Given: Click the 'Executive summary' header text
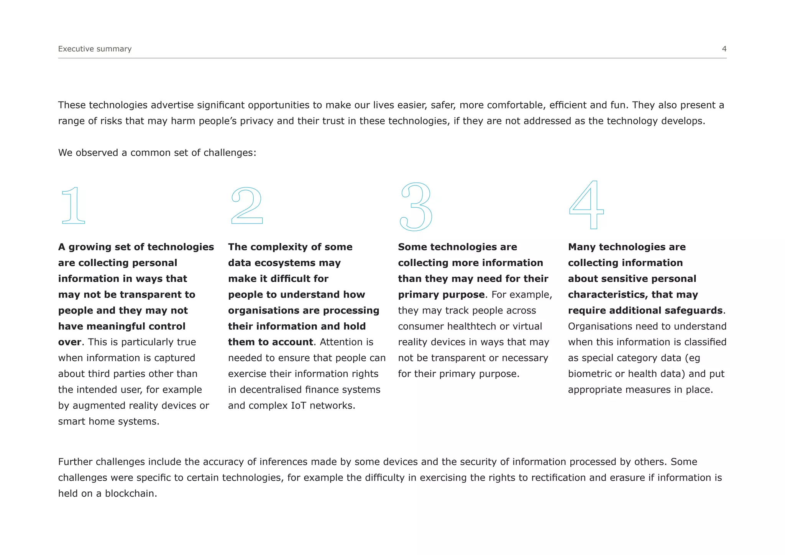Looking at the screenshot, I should pyautogui.click(x=95, y=49).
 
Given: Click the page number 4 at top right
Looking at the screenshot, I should pyautogui.click(x=724, y=49).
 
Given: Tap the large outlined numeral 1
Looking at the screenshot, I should pyautogui.click(x=73, y=206).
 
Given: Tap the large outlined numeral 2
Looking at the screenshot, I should pyautogui.click(x=247, y=206).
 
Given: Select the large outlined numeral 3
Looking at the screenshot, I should pyautogui.click(x=416, y=207).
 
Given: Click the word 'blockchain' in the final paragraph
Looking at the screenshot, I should pyautogui.click(x=130, y=494).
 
